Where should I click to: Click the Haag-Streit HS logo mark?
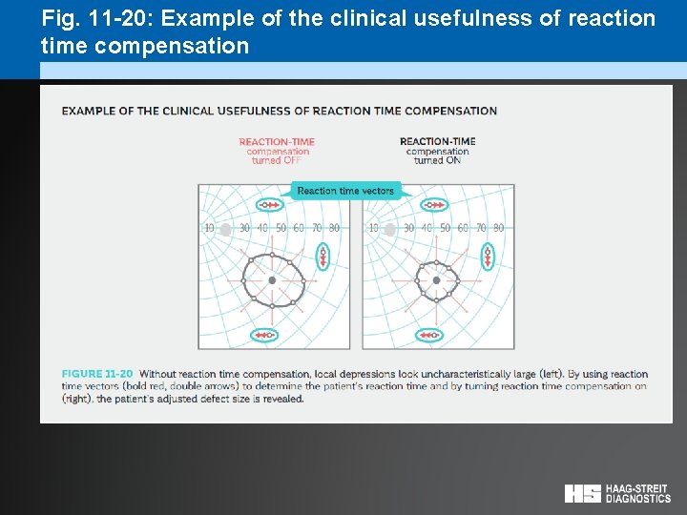point(582,493)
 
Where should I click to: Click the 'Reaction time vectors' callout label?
point(345,191)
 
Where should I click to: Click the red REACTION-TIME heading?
point(277,142)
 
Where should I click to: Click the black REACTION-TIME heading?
point(438,142)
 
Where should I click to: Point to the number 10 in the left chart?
point(209,228)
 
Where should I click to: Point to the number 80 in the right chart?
point(498,228)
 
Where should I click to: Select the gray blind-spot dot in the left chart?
point(226,229)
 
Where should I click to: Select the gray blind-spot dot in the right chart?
point(389,229)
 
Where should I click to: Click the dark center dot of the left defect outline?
point(272,280)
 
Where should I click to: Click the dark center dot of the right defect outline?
point(436,280)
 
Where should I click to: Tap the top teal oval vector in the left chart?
point(270,205)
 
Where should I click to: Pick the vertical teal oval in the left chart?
point(323,256)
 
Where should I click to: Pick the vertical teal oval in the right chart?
point(488,256)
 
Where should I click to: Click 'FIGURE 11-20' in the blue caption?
point(97,374)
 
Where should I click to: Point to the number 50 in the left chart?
point(281,228)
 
